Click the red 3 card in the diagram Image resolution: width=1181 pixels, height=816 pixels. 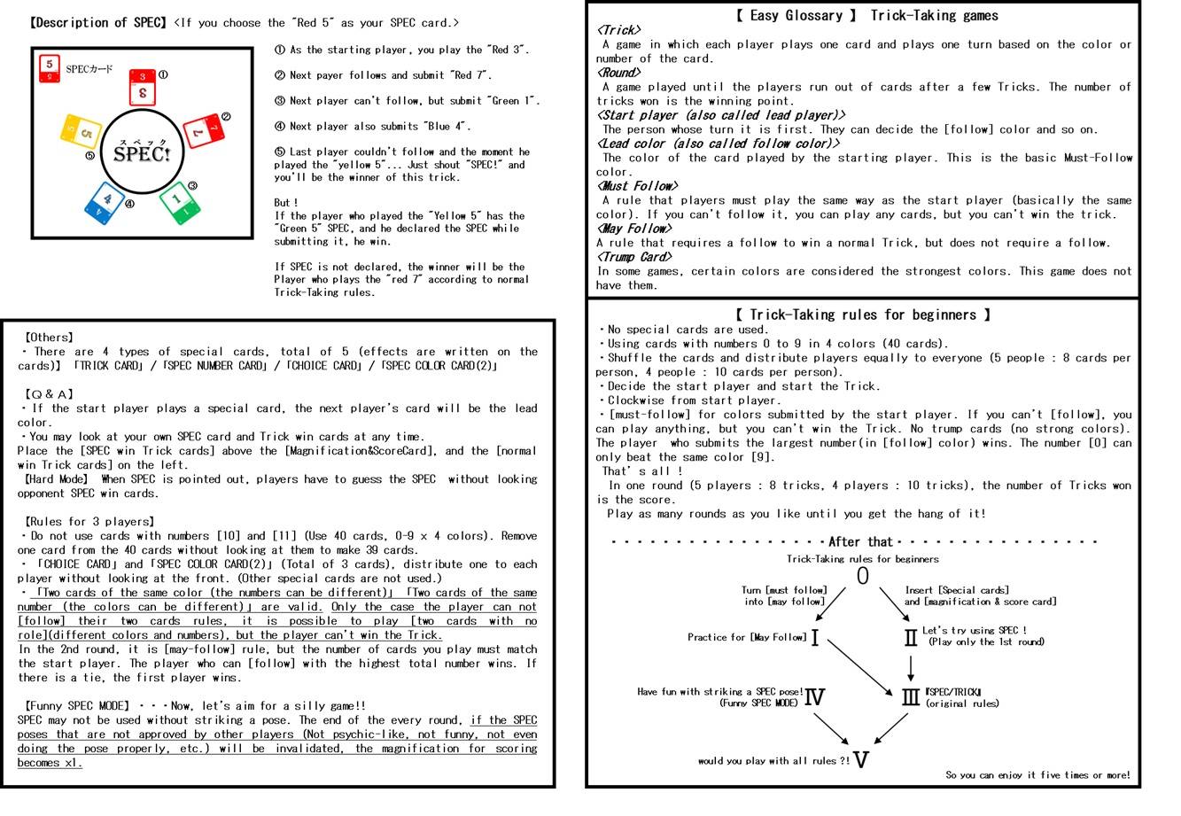click(x=143, y=87)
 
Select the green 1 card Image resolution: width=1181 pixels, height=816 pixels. click(x=179, y=201)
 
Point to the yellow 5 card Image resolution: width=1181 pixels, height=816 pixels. click(x=81, y=133)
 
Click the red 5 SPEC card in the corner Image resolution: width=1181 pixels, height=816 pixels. click(x=50, y=67)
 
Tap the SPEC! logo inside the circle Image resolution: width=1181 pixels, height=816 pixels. click(x=142, y=153)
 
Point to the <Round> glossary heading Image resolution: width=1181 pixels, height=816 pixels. click(x=618, y=73)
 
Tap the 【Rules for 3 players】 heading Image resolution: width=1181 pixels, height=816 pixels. click(x=89, y=522)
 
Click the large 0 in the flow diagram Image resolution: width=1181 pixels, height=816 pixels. click(x=862, y=577)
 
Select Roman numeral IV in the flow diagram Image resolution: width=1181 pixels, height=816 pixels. click(x=813, y=697)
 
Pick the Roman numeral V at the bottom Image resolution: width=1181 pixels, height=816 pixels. click(x=860, y=759)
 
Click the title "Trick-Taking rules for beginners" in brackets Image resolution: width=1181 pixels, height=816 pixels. click(x=863, y=315)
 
